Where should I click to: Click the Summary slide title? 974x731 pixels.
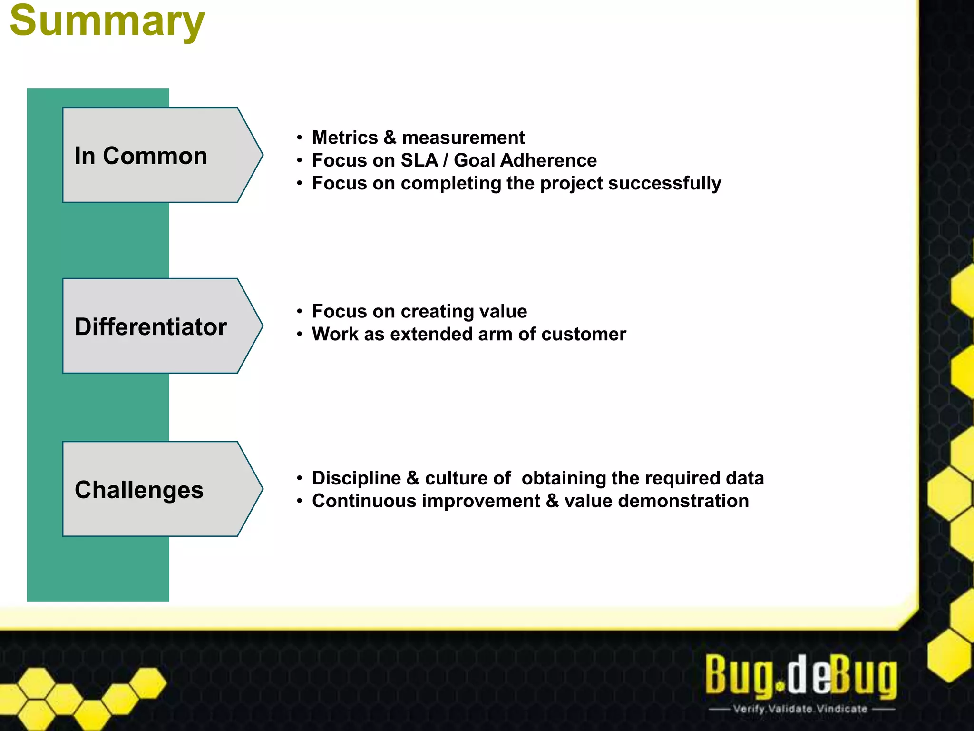(x=107, y=21)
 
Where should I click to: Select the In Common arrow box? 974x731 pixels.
(x=152, y=155)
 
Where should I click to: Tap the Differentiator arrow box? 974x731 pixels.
(x=152, y=326)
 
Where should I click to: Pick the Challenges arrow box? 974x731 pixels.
(x=152, y=489)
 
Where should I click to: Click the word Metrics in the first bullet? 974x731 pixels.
(x=345, y=138)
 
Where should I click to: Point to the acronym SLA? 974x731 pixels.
(x=419, y=160)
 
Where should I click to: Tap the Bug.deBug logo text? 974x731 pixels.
(x=800, y=676)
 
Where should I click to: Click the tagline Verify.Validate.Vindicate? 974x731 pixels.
(x=800, y=709)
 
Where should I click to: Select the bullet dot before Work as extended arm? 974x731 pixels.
(x=299, y=335)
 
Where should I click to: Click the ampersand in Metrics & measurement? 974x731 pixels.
(x=390, y=138)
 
